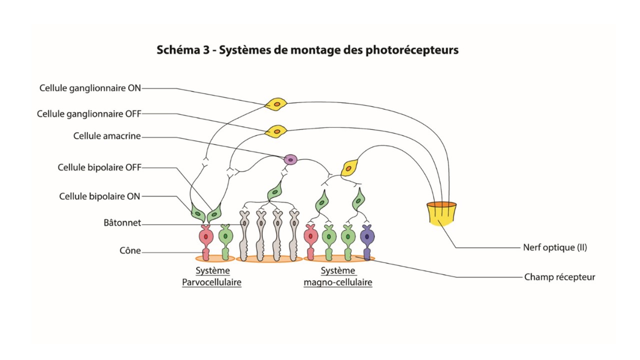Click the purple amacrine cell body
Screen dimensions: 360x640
[x=290, y=159]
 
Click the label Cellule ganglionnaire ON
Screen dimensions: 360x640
[x=90, y=88]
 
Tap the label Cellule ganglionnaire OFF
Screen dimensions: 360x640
[x=89, y=114]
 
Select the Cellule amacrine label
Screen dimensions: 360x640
[x=107, y=136]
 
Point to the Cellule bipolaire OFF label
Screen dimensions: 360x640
[x=99, y=167]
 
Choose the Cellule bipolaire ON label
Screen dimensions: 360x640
[x=99, y=196]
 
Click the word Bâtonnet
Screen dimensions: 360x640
[x=122, y=223]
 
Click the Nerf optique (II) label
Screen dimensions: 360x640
[x=554, y=247]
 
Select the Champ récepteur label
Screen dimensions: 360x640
[x=559, y=276]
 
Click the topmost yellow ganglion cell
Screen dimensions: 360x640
[x=276, y=104]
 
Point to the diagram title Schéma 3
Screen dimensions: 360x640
[x=307, y=50]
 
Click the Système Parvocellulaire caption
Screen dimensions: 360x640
[x=211, y=276]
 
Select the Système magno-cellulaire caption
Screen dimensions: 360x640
[x=338, y=276]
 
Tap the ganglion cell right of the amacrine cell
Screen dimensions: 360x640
[x=349, y=167]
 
